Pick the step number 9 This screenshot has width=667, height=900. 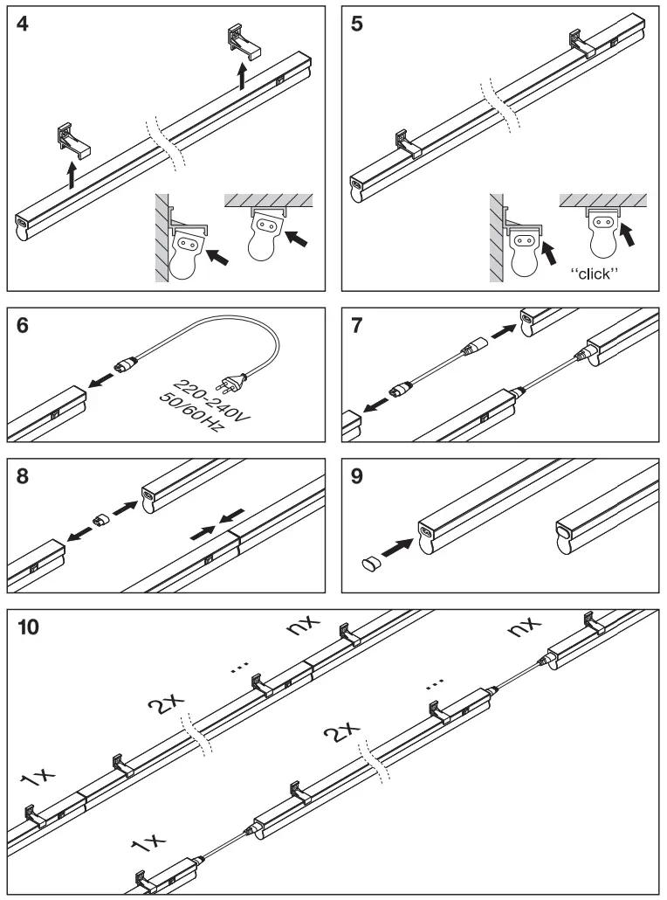pyautogui.click(x=358, y=477)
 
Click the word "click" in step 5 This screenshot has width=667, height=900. pyautogui.click(x=594, y=273)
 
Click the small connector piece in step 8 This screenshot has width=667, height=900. pyautogui.click(x=102, y=520)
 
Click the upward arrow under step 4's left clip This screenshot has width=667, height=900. pyautogui.click(x=72, y=175)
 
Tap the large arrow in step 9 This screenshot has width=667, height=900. pyautogui.click(x=398, y=548)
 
